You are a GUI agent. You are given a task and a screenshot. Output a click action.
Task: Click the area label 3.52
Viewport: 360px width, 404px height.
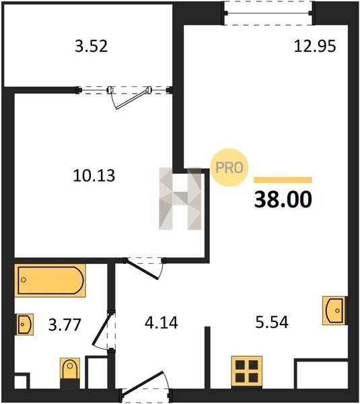(91, 46)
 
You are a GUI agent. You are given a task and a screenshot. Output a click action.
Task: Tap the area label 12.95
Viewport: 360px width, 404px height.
(315, 46)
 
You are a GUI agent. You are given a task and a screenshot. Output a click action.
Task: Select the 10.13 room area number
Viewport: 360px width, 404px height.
(94, 176)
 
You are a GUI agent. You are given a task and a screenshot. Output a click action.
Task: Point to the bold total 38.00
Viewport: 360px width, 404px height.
(283, 200)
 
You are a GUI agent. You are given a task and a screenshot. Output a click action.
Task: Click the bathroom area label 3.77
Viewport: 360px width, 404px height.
(65, 325)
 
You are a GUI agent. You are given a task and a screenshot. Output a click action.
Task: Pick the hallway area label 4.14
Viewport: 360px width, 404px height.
(161, 323)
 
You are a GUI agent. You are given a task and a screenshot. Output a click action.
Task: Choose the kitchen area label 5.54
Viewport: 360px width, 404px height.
(272, 322)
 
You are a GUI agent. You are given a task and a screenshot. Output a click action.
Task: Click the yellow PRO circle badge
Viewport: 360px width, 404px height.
(229, 168)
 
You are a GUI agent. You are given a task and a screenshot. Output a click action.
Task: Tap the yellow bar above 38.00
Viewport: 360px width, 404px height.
(283, 180)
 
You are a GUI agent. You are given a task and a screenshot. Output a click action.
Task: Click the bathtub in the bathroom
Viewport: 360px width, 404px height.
(50, 280)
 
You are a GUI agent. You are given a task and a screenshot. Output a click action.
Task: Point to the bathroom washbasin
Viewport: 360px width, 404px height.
(25, 325)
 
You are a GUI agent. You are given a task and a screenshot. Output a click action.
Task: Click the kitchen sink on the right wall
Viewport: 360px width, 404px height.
(334, 310)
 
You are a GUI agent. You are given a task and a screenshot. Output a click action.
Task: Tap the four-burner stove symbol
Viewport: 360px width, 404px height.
(247, 372)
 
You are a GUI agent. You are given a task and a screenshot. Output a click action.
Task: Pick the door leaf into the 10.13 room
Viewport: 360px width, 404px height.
(141, 269)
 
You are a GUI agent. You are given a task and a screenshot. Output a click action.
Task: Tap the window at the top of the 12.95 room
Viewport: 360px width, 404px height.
(268, 13)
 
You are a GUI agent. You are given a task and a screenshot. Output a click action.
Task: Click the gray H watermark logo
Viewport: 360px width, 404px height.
(180, 199)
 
